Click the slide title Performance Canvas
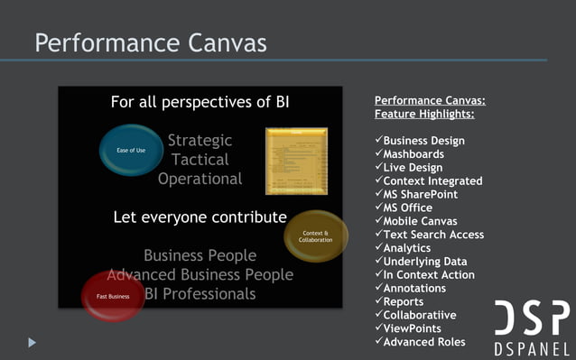[150, 42]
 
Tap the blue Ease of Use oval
[131, 150]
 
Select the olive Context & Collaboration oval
[315, 236]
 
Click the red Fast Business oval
[113, 296]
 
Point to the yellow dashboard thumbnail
[296, 161]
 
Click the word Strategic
[200, 141]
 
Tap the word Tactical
[200, 160]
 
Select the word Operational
[200, 179]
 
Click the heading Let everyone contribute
[200, 217]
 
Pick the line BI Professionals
[200, 293]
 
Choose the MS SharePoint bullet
[420, 194]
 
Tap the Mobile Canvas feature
[420, 221]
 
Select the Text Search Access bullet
[433, 235]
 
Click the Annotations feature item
[414, 288]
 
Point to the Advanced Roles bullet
[424, 342]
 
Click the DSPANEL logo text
[532, 348]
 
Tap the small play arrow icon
[33, 342]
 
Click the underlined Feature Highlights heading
[424, 115]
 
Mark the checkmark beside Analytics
[378, 247]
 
